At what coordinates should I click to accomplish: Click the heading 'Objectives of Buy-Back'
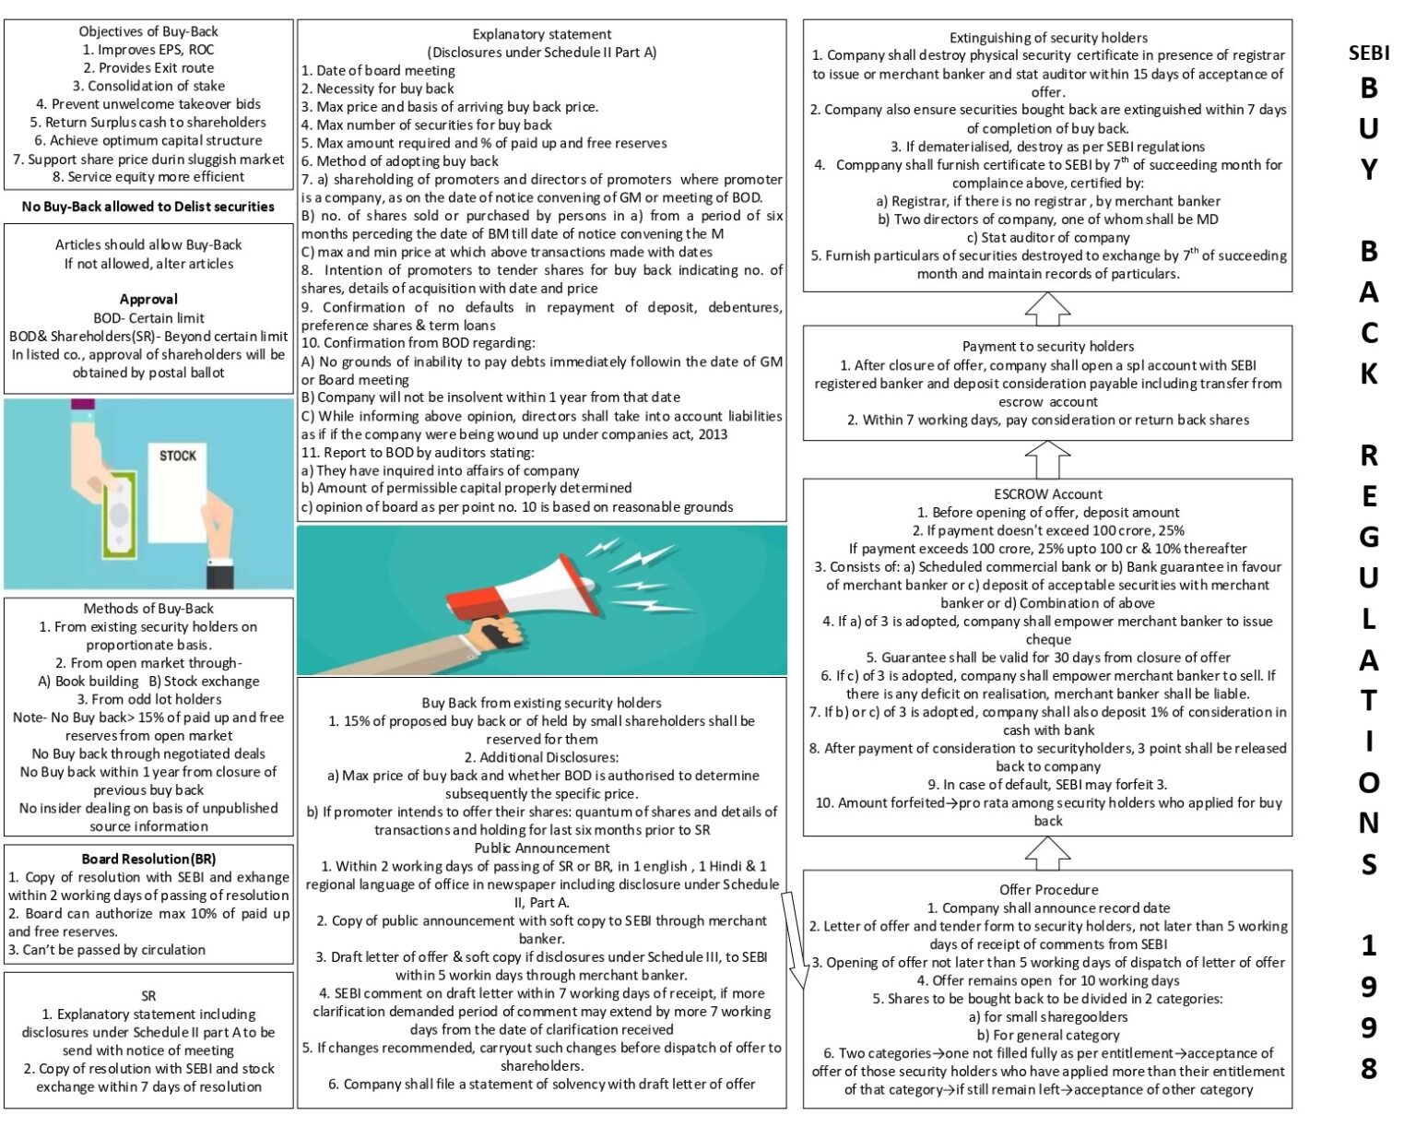pyautogui.click(x=148, y=31)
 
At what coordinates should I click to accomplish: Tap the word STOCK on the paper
pyautogui.click(x=178, y=456)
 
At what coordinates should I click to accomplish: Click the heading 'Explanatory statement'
pyautogui.click(x=541, y=34)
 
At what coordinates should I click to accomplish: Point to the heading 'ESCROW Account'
pyautogui.click(x=1048, y=494)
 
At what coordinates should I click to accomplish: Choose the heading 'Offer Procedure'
pyautogui.click(x=1048, y=890)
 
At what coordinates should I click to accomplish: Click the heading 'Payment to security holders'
pyautogui.click(x=1048, y=347)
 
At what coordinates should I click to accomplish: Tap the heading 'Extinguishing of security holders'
pyautogui.click(x=1048, y=38)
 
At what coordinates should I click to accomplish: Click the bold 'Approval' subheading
pyautogui.click(x=148, y=300)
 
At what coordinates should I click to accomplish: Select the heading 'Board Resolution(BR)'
pyautogui.click(x=148, y=860)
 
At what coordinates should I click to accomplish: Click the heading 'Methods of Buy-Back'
pyautogui.click(x=148, y=609)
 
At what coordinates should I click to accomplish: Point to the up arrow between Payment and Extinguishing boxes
pyautogui.click(x=1048, y=309)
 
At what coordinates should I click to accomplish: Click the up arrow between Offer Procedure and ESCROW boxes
pyautogui.click(x=1048, y=853)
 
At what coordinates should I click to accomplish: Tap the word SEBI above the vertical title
pyautogui.click(x=1369, y=53)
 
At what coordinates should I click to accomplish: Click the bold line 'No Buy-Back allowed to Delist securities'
pyautogui.click(x=148, y=207)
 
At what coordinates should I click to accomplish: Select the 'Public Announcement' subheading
pyautogui.click(x=541, y=848)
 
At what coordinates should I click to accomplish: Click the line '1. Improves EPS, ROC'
pyautogui.click(x=148, y=50)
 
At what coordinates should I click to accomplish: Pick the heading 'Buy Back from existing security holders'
pyautogui.click(x=541, y=703)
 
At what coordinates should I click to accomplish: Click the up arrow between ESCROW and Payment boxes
pyautogui.click(x=1048, y=458)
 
